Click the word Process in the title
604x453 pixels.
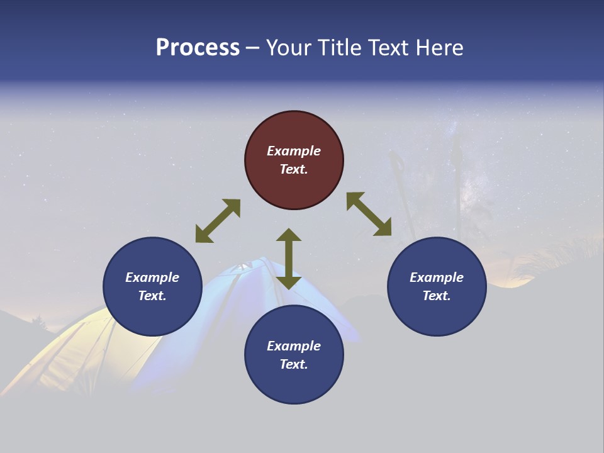[x=198, y=48]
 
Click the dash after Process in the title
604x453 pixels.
[x=252, y=48]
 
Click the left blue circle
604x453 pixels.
[x=152, y=286]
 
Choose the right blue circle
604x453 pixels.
[x=437, y=286]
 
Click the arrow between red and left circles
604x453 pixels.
[x=218, y=221]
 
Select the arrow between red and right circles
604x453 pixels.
[x=369, y=214]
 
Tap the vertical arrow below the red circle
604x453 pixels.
[x=289, y=259]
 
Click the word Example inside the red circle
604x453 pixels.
[x=294, y=151]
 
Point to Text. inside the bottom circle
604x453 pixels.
[x=294, y=364]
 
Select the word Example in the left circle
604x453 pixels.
[x=152, y=277]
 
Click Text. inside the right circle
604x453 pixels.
[x=437, y=296]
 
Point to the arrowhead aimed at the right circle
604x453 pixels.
[x=383, y=227]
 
